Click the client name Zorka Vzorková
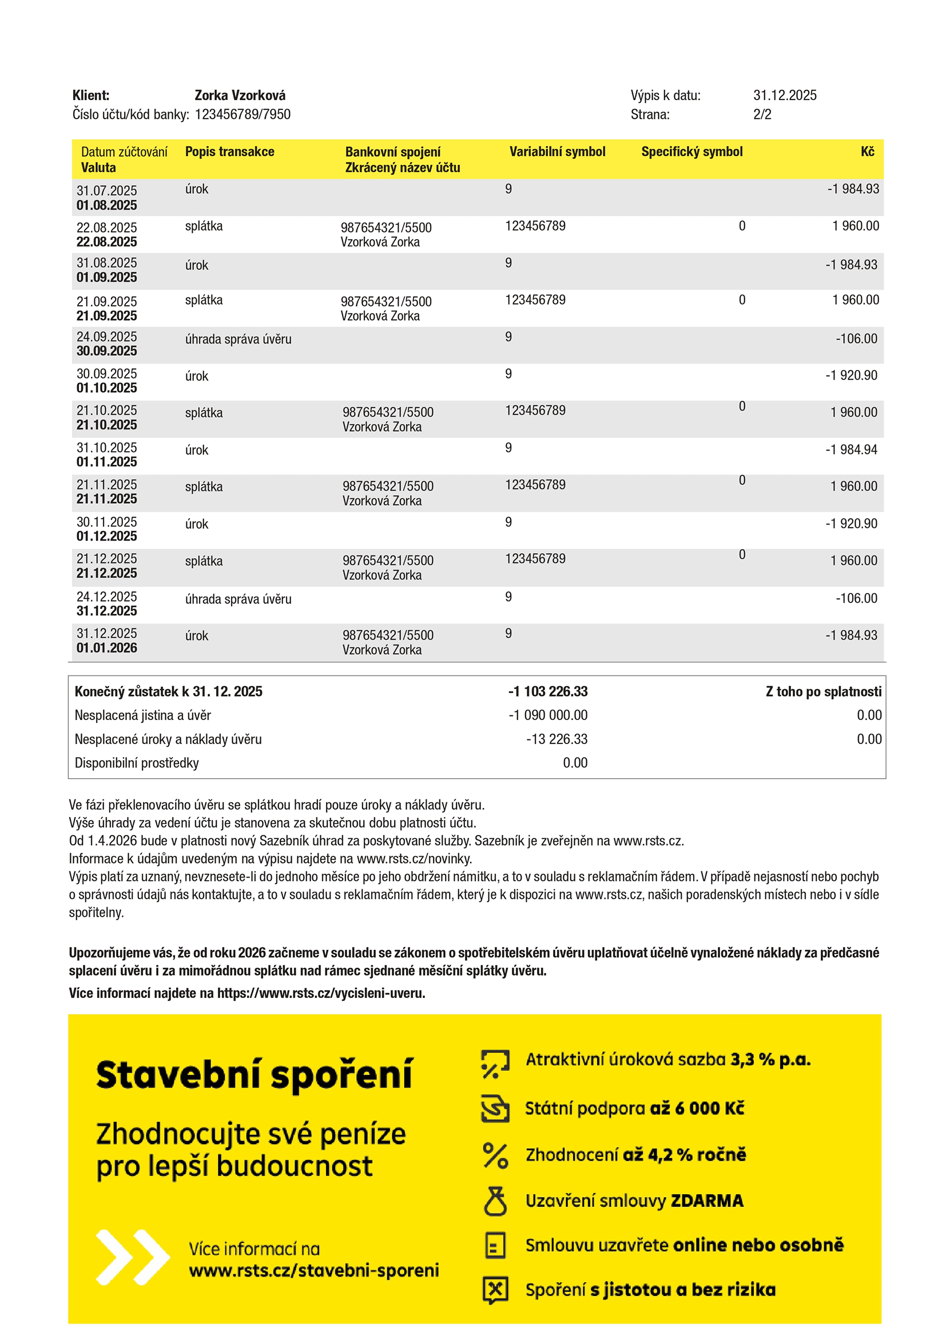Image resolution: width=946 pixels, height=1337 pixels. click(240, 95)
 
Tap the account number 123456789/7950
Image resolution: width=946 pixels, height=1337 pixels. click(243, 115)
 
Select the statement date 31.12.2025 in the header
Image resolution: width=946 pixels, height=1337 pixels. click(785, 95)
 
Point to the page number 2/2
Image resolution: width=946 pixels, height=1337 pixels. click(762, 115)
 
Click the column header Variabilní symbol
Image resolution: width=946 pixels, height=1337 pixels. click(558, 152)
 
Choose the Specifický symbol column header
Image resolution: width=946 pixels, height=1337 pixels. click(691, 152)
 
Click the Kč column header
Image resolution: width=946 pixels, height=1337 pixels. click(868, 152)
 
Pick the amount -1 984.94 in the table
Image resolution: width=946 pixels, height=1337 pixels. click(851, 449)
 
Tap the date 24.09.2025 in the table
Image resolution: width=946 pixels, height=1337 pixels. click(106, 337)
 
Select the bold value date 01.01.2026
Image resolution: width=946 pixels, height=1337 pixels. click(106, 648)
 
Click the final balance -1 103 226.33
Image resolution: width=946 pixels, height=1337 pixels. click(547, 692)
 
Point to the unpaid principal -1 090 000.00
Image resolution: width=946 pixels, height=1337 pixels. click(547, 715)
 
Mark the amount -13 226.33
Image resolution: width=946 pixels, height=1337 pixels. click(557, 739)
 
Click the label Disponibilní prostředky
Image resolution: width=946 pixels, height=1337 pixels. click(137, 763)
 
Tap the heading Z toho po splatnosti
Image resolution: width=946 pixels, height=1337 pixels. click(823, 692)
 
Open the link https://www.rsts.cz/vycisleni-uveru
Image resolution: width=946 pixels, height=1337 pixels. click(321, 993)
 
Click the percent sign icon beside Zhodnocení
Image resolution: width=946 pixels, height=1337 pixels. click(495, 1155)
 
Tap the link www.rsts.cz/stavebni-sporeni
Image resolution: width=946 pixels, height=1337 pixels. click(314, 1271)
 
